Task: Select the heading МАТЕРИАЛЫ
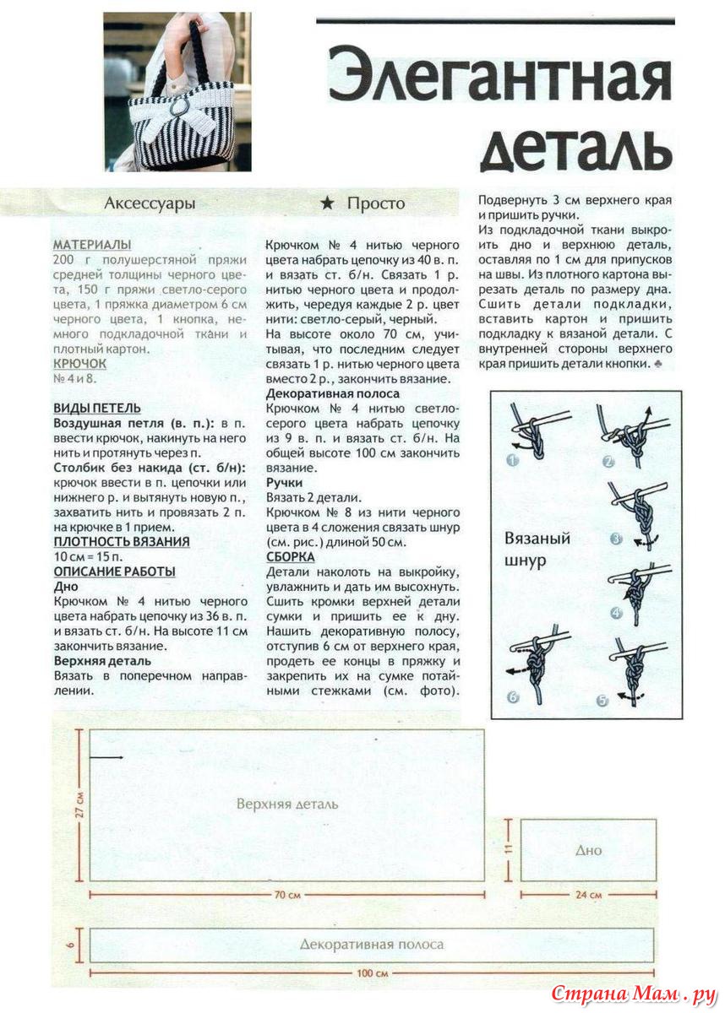(x=92, y=244)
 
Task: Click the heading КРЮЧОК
(x=80, y=363)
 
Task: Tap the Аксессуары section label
(x=150, y=203)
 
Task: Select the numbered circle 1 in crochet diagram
(x=512, y=461)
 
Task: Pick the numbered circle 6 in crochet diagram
(x=512, y=697)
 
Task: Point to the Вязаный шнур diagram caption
(x=537, y=549)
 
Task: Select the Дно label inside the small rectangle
(x=588, y=850)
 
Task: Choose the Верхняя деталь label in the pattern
(x=287, y=803)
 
